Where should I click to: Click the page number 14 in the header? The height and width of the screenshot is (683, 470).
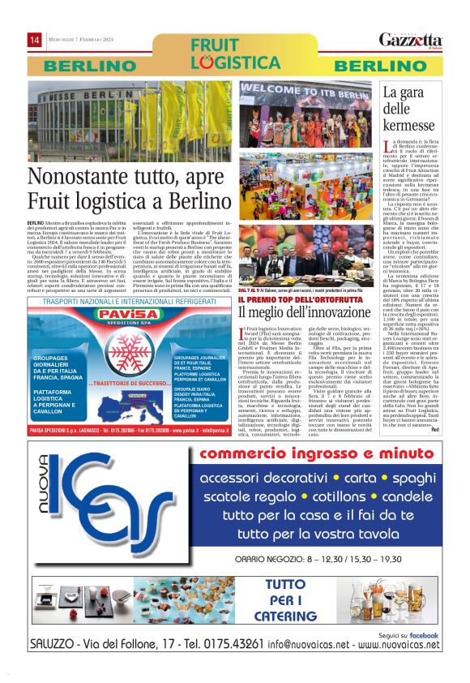click(35, 40)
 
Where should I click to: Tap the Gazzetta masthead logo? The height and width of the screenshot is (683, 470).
click(412, 41)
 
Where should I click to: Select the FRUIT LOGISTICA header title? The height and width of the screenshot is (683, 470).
click(235, 53)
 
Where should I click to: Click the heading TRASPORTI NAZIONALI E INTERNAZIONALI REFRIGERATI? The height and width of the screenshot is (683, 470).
click(130, 303)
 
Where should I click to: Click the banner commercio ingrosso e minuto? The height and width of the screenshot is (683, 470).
click(306, 453)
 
